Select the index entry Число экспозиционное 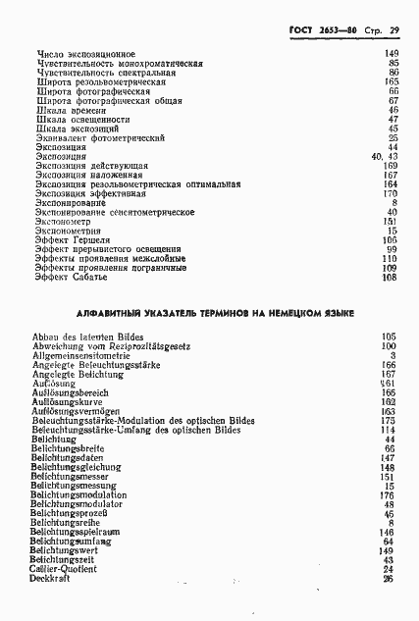click(85, 53)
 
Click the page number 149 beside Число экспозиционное click(391, 53)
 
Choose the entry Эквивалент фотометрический click(99, 137)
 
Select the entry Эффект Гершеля click(72, 240)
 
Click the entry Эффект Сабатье click(71, 278)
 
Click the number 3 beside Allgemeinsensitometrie click(393, 356)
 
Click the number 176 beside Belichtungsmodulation click(390, 494)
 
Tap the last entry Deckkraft click(54, 579)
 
